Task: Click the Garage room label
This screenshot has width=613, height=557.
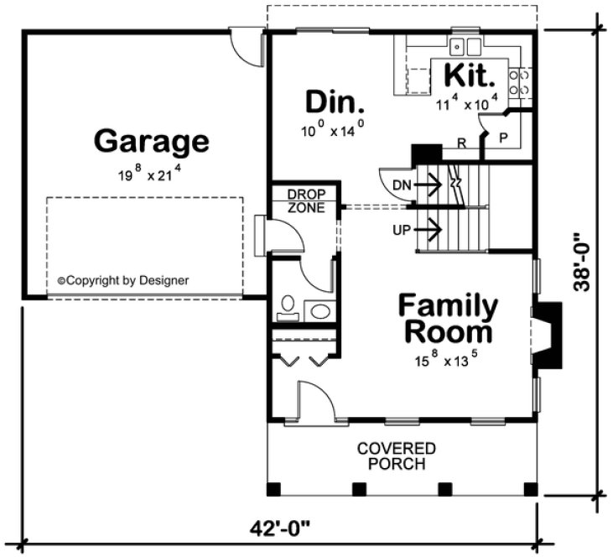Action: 151,140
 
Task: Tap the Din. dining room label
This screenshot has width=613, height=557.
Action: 335,103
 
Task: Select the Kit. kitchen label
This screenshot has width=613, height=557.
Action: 470,76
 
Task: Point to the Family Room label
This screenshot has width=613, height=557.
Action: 447,318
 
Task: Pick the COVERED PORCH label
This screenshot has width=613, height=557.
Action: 397,455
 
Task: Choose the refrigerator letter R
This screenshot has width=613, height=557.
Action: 462,143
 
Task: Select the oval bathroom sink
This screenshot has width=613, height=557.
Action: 320,311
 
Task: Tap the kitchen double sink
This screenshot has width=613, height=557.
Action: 465,46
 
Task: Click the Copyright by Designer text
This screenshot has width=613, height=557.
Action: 122,281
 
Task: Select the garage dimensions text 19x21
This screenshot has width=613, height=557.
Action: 151,175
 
